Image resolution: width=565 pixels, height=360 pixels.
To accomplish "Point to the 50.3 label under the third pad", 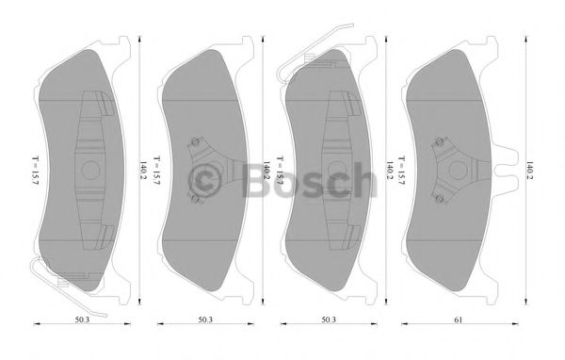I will (x=328, y=320).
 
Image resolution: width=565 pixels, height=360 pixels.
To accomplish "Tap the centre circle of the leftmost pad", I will (x=92, y=170).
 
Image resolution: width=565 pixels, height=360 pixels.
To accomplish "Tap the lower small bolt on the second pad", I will (x=194, y=199).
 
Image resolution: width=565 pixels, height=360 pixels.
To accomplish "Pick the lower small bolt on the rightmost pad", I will (x=440, y=199).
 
